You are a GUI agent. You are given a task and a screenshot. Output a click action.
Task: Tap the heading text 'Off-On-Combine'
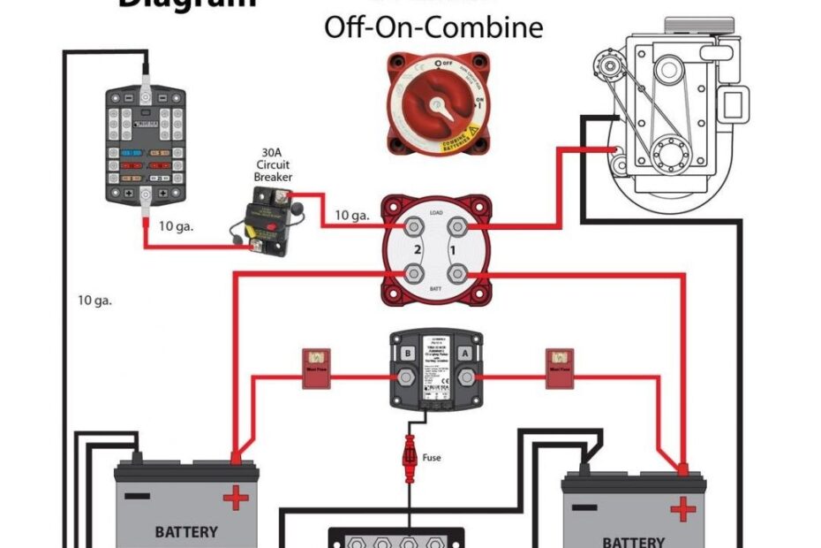tap(433, 27)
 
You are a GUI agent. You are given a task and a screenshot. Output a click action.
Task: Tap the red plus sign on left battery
tap(236, 499)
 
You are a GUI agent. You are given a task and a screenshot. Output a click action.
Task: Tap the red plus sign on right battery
tap(682, 509)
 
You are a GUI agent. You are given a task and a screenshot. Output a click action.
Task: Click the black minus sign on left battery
tap(137, 496)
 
